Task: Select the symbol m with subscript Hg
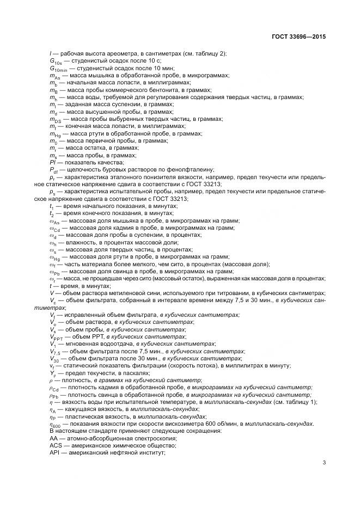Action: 55,134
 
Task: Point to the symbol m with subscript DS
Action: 55,119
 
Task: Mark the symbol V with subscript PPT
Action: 56,337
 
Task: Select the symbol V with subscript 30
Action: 54,359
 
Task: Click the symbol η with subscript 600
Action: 55,424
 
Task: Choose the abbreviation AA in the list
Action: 53,438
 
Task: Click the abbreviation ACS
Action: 55,445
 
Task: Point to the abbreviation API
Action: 54,452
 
